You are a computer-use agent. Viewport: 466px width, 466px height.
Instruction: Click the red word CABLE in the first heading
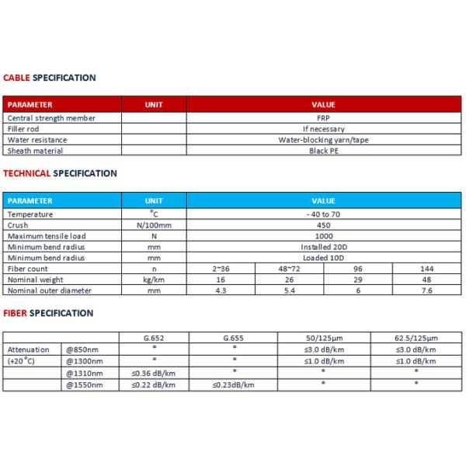tap(17, 78)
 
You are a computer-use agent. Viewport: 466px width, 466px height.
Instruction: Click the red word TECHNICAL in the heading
tap(27, 173)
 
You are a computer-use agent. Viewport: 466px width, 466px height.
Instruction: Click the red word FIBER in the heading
tap(16, 313)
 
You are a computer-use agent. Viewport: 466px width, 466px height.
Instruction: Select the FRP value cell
tap(323, 118)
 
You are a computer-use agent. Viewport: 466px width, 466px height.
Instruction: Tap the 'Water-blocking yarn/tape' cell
tap(323, 140)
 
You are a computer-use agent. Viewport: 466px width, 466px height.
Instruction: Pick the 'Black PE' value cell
tap(323, 151)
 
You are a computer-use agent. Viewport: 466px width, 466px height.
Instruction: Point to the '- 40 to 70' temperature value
tap(323, 214)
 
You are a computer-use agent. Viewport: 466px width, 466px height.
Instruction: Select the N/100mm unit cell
tap(154, 224)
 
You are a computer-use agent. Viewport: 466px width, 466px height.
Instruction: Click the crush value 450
tap(323, 224)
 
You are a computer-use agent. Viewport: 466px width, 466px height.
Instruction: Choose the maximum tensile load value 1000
tap(323, 235)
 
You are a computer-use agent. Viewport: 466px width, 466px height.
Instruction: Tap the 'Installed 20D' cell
tap(323, 246)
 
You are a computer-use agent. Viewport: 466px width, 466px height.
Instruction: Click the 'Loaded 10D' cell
tap(323, 257)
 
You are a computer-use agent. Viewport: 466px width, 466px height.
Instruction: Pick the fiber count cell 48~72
tap(289, 268)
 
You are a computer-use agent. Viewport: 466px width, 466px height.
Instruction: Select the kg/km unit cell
tap(154, 279)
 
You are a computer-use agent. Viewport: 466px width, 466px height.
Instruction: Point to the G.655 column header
tap(234, 339)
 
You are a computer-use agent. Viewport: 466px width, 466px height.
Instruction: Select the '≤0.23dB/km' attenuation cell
tap(234, 383)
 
